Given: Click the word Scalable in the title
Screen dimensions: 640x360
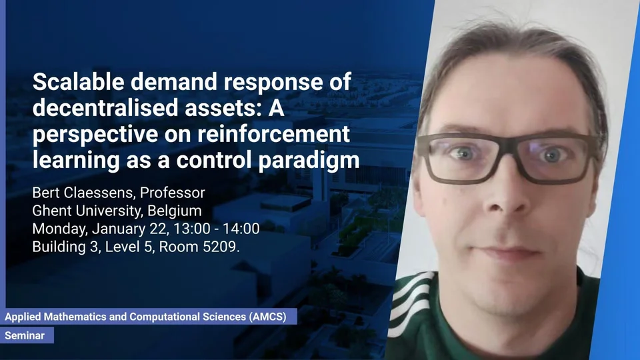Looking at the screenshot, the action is (x=79, y=81).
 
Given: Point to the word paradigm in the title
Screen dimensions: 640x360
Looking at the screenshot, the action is (x=309, y=161).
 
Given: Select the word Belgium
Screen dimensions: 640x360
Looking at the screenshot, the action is (x=174, y=211).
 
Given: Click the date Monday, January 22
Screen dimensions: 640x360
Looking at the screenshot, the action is (x=100, y=229).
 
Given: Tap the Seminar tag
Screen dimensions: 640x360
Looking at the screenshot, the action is (x=25, y=335).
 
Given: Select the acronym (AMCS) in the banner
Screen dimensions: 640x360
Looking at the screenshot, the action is (x=267, y=317).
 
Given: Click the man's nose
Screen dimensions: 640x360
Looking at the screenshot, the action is (x=506, y=192).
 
